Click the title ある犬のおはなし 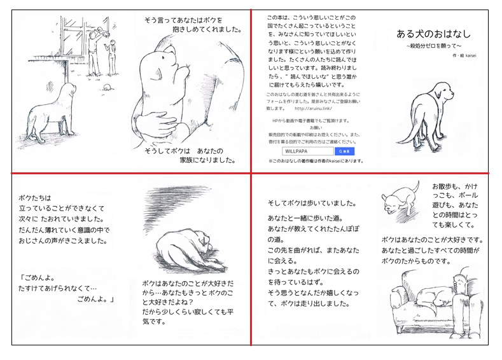(433, 34)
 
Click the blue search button (344, 151)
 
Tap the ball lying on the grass (108, 87)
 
